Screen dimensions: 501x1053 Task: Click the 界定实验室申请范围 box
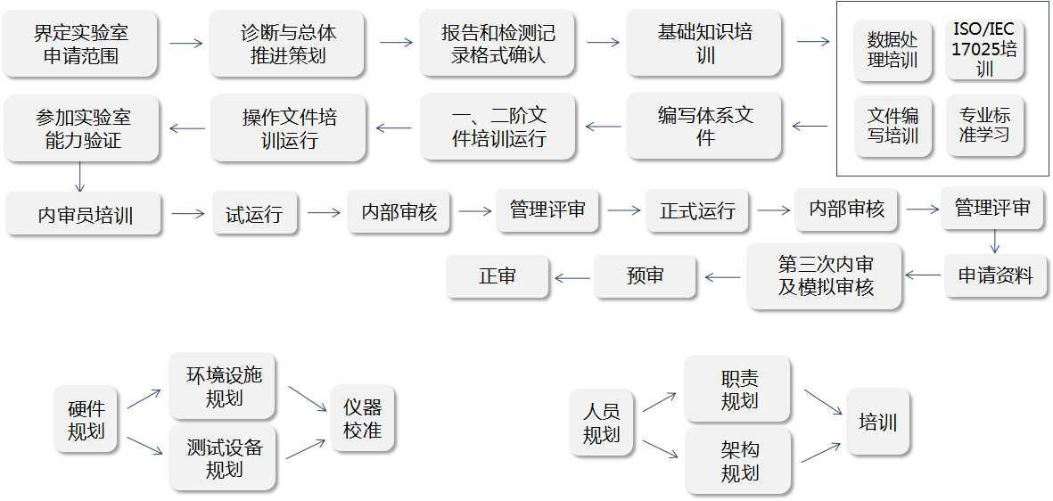tap(81, 44)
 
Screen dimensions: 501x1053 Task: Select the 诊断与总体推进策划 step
tap(288, 44)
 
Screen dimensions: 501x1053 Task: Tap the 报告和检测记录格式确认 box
tap(498, 44)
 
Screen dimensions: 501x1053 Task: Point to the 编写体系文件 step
tap(704, 127)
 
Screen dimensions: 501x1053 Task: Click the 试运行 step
tap(254, 214)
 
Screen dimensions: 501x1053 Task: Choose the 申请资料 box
tap(995, 275)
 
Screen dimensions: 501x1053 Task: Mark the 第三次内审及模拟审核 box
tap(825, 276)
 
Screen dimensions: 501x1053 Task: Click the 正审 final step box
tap(497, 276)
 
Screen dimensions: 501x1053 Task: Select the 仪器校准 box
tap(362, 419)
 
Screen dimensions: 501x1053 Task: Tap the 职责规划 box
tap(738, 390)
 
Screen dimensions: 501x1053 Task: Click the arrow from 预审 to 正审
tap(572, 278)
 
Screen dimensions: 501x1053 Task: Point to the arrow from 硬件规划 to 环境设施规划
tap(144, 399)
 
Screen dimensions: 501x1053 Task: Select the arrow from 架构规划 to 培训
tap(820, 451)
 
